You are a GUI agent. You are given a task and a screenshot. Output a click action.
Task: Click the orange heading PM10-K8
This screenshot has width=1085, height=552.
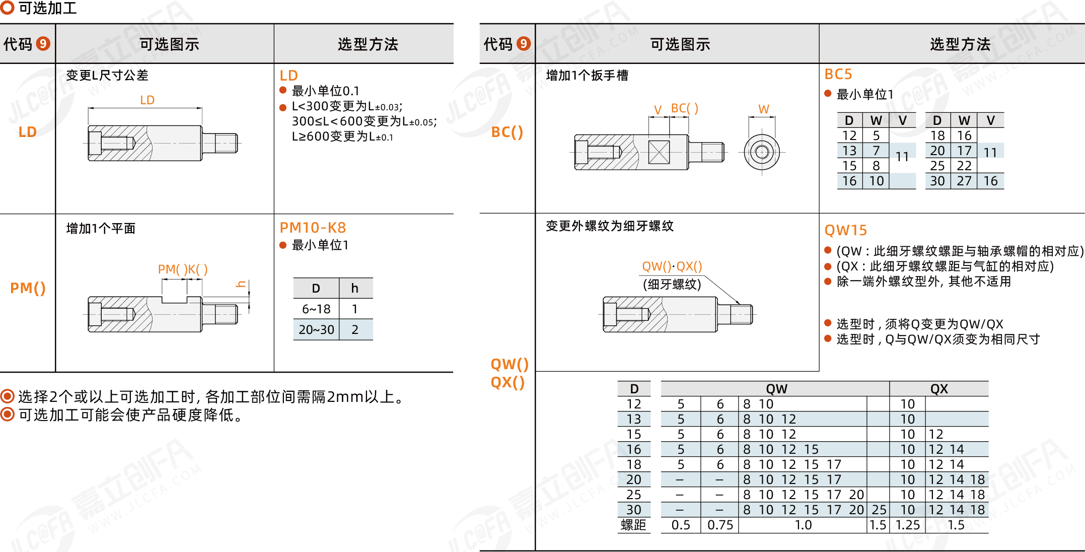pyautogui.click(x=313, y=228)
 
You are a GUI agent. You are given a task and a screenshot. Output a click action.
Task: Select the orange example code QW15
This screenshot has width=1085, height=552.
pyautogui.click(x=845, y=230)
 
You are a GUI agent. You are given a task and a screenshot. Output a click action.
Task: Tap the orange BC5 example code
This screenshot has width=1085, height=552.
pyautogui.click(x=838, y=75)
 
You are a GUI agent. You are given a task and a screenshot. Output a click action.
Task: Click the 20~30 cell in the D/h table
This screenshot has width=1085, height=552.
pyautogui.click(x=316, y=330)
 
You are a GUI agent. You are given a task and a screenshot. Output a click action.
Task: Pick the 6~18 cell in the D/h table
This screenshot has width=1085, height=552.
pyautogui.click(x=316, y=309)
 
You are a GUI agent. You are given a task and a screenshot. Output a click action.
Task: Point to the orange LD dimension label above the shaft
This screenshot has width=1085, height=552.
pyautogui.click(x=147, y=100)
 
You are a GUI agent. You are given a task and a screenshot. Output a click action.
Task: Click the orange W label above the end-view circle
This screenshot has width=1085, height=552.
pyautogui.click(x=764, y=109)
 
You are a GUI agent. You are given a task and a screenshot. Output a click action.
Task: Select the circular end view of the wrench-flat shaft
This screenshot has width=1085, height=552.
pyautogui.click(x=762, y=152)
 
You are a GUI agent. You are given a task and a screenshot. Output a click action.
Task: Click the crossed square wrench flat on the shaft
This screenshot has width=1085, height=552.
pyautogui.click(x=659, y=152)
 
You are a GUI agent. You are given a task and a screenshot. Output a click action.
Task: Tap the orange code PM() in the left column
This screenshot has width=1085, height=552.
pyautogui.click(x=28, y=288)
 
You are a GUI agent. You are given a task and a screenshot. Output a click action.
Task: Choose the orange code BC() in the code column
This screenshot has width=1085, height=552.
pyautogui.click(x=507, y=132)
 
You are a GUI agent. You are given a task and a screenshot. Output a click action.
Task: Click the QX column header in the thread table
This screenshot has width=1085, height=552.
pyautogui.click(x=939, y=389)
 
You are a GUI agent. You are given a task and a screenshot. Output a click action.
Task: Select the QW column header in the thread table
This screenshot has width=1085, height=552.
pyautogui.click(x=776, y=389)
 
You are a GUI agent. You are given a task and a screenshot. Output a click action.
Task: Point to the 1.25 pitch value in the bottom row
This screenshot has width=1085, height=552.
pyautogui.click(x=907, y=525)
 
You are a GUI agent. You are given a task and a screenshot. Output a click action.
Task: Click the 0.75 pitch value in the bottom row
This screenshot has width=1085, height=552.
pyautogui.click(x=720, y=525)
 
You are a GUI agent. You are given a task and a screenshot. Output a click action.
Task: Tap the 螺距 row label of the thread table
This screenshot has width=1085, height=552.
pyautogui.click(x=633, y=525)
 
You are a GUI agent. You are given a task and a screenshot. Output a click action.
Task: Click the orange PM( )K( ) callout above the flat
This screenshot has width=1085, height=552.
pyautogui.click(x=183, y=269)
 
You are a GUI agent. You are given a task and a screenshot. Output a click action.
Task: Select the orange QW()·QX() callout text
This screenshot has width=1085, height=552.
pyautogui.click(x=672, y=266)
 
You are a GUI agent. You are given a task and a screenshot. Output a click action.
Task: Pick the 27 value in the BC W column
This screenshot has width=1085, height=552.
pyautogui.click(x=964, y=181)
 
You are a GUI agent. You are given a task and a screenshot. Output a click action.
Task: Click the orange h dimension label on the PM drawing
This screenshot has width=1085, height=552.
pyautogui.click(x=241, y=285)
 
